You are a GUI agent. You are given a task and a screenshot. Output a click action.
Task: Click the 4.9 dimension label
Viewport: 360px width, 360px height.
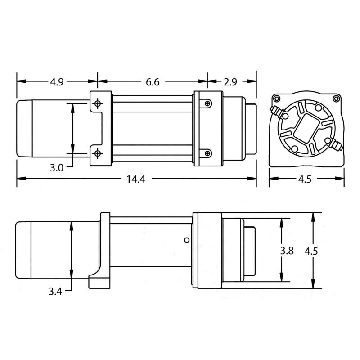click(x=56, y=82)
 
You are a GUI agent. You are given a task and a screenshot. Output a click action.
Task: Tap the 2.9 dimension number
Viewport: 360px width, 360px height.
click(x=230, y=82)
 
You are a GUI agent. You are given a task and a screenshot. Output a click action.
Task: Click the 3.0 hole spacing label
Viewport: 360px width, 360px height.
click(x=56, y=168)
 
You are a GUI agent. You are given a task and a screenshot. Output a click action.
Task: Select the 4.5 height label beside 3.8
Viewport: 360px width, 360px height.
click(x=311, y=251)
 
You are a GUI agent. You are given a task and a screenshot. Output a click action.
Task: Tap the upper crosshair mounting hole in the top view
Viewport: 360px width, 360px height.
click(x=97, y=103)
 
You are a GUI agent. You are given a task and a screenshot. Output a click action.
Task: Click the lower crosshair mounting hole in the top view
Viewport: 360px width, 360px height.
click(x=97, y=154)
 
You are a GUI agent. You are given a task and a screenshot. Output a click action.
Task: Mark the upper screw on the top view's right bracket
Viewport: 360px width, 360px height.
click(x=207, y=104)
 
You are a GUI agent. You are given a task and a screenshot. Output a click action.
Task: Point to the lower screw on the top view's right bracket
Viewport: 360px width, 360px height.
click(x=207, y=153)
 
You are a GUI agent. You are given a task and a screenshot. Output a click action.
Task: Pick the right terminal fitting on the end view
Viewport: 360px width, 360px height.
click(x=337, y=145)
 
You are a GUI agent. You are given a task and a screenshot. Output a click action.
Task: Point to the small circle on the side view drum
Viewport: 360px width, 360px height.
click(x=185, y=240)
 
